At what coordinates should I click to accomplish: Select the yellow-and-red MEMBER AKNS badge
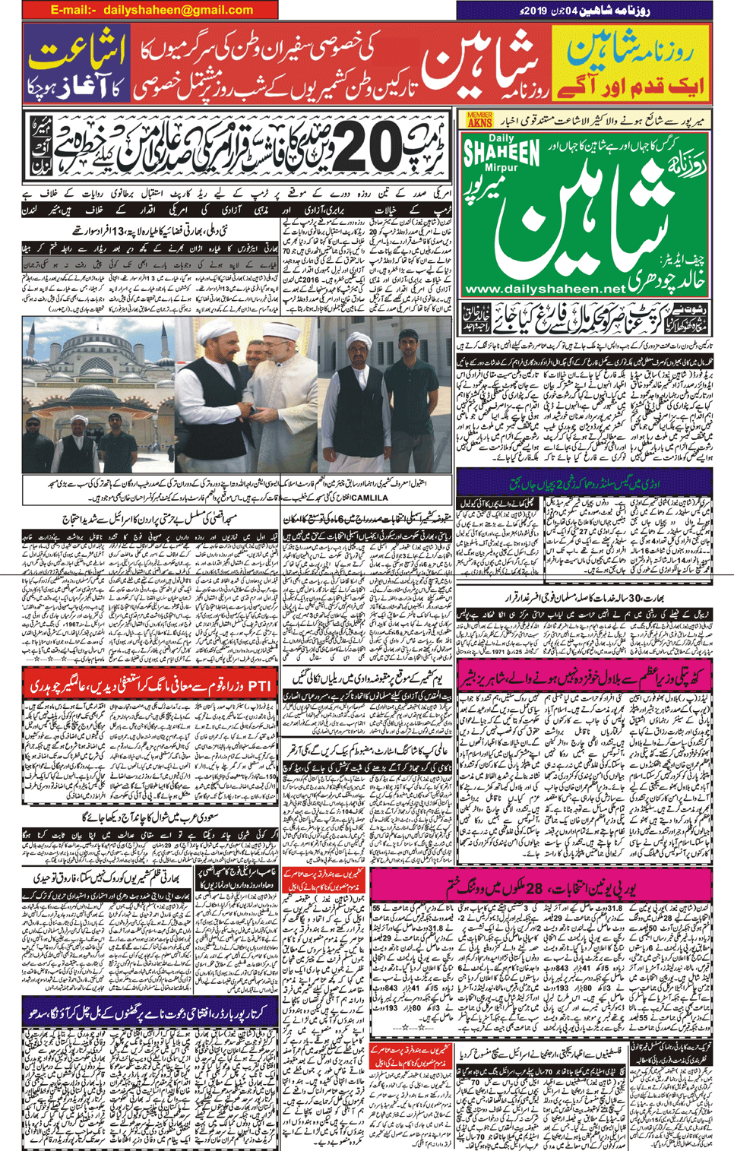(479, 119)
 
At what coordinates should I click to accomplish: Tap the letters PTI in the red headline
(260, 685)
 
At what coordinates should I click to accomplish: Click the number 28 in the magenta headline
(534, 888)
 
